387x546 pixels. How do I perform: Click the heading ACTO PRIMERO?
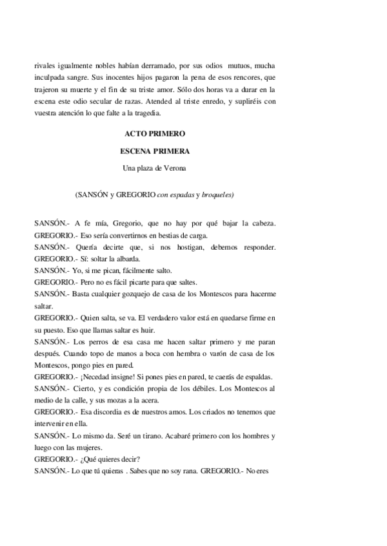[154, 134]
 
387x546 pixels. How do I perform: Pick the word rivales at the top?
[46, 65]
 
